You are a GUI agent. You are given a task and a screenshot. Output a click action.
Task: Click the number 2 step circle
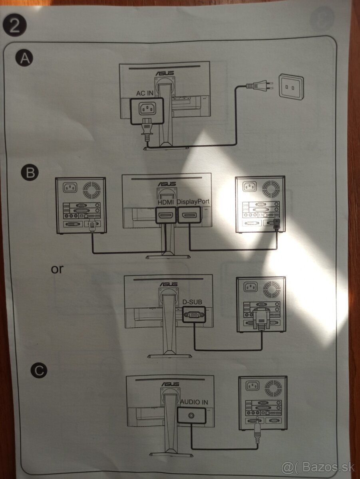click(14, 26)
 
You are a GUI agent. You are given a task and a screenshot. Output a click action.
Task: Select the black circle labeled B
click(30, 172)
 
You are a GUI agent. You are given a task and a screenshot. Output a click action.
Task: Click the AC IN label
click(145, 93)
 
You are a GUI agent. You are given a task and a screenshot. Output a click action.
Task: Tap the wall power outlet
click(291, 86)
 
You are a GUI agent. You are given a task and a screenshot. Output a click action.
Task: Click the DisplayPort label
click(193, 202)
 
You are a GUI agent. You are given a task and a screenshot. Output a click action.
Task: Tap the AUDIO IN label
click(194, 402)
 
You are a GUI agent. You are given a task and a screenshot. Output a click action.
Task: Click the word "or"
click(57, 269)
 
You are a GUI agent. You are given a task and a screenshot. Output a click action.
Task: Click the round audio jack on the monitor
click(192, 416)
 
